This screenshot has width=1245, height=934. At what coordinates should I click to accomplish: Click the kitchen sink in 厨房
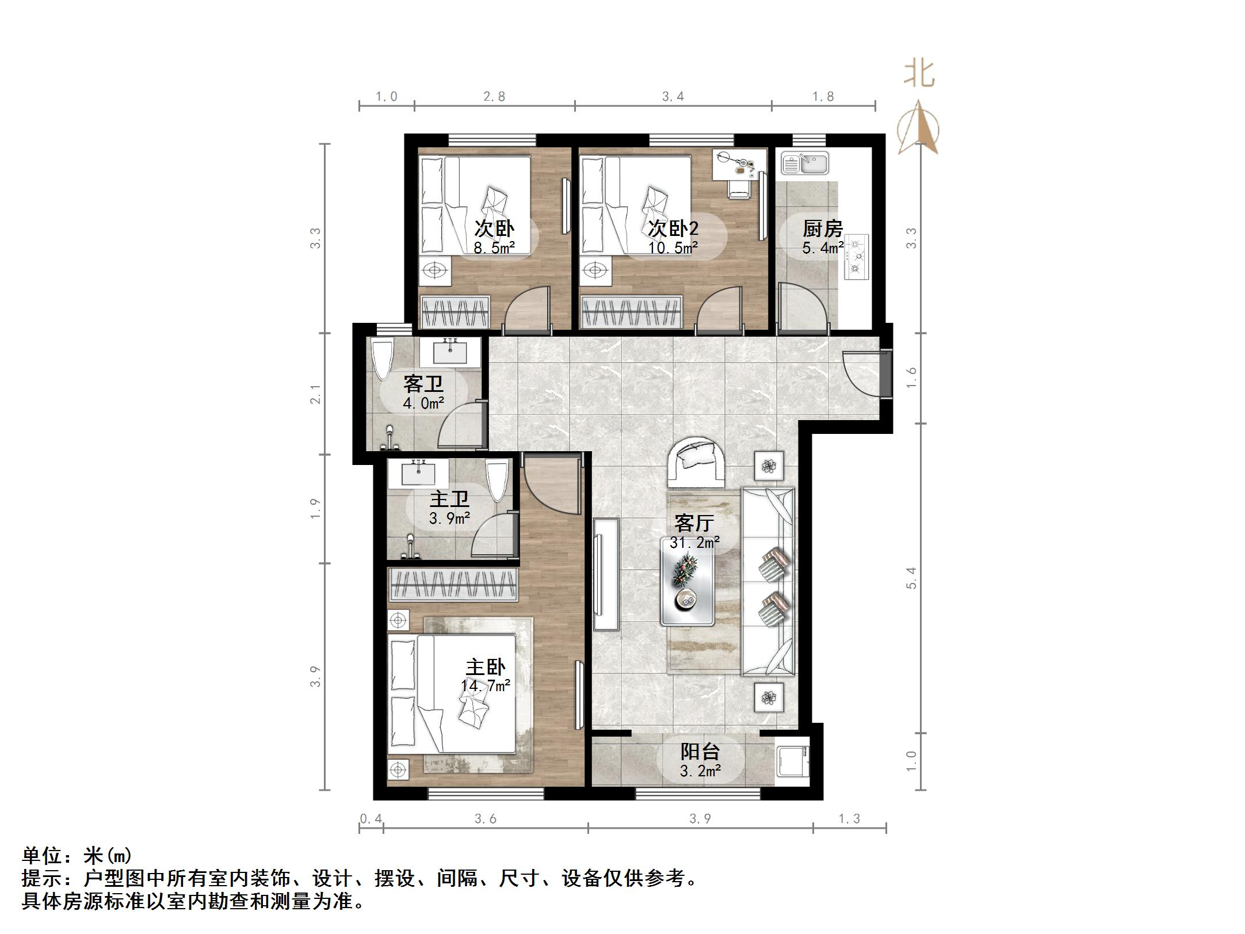click(804, 163)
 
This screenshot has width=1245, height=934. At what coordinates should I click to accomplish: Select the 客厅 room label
click(694, 523)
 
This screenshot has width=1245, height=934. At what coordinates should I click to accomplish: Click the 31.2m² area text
click(694, 542)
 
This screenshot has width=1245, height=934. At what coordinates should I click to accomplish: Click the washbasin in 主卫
click(418, 474)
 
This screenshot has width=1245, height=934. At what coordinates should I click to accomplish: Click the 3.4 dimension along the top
click(673, 97)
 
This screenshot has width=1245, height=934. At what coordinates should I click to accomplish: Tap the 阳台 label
click(700, 752)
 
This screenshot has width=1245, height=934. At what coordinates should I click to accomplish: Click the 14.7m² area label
click(486, 686)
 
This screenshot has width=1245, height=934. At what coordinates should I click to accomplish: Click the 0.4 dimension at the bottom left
click(371, 818)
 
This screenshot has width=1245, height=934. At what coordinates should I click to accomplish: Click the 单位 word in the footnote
click(41, 856)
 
